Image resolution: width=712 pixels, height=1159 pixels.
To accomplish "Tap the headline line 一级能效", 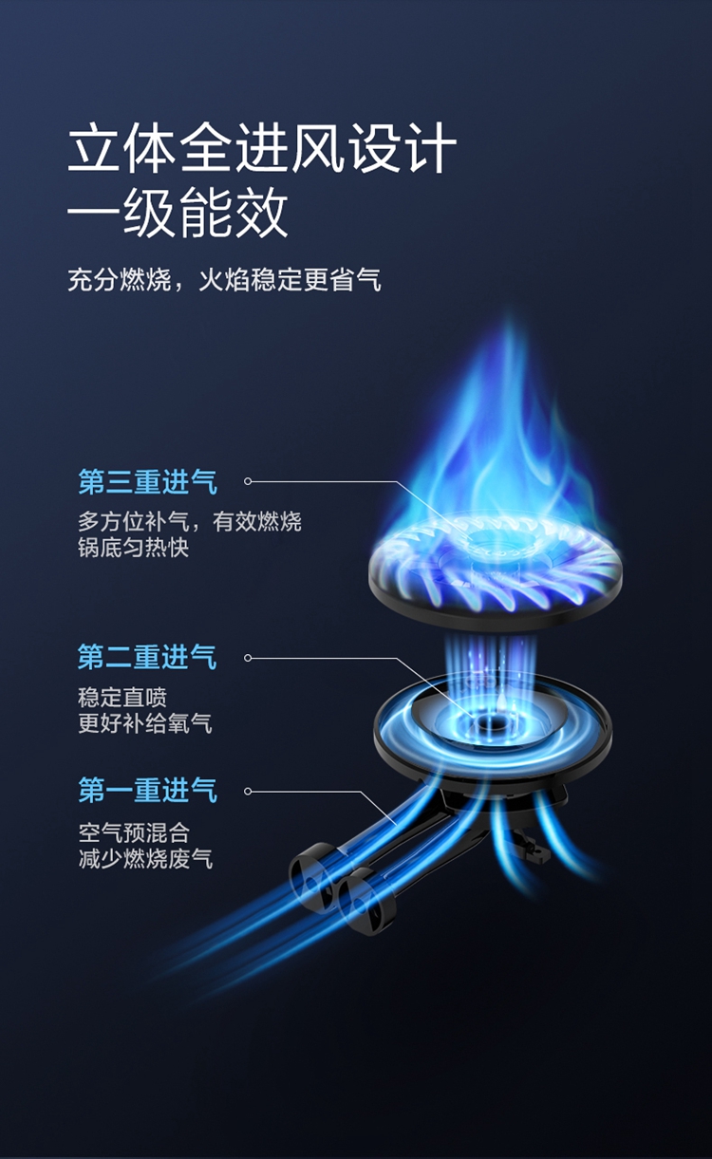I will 178,215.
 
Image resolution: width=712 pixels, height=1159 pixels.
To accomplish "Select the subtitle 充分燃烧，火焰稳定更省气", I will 224,280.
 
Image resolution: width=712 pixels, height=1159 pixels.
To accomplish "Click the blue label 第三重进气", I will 147,481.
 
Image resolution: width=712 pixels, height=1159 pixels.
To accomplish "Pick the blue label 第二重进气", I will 147,657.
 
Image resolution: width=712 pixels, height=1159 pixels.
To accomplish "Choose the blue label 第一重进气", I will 147,790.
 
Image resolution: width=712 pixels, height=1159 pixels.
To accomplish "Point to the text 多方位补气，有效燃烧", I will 189,521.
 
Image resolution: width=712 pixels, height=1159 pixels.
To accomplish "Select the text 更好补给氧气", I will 144,724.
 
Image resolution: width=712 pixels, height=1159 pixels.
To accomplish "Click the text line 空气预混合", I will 133,832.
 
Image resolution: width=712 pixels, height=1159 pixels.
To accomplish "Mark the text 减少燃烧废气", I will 144,859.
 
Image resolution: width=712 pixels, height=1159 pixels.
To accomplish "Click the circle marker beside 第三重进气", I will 248,481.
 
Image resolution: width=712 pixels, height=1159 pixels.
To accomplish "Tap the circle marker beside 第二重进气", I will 248,657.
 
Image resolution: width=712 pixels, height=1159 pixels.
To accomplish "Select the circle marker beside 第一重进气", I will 248,790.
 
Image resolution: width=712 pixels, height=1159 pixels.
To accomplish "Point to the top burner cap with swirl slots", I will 494,570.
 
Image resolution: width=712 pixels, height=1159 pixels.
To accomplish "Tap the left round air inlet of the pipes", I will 310,868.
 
